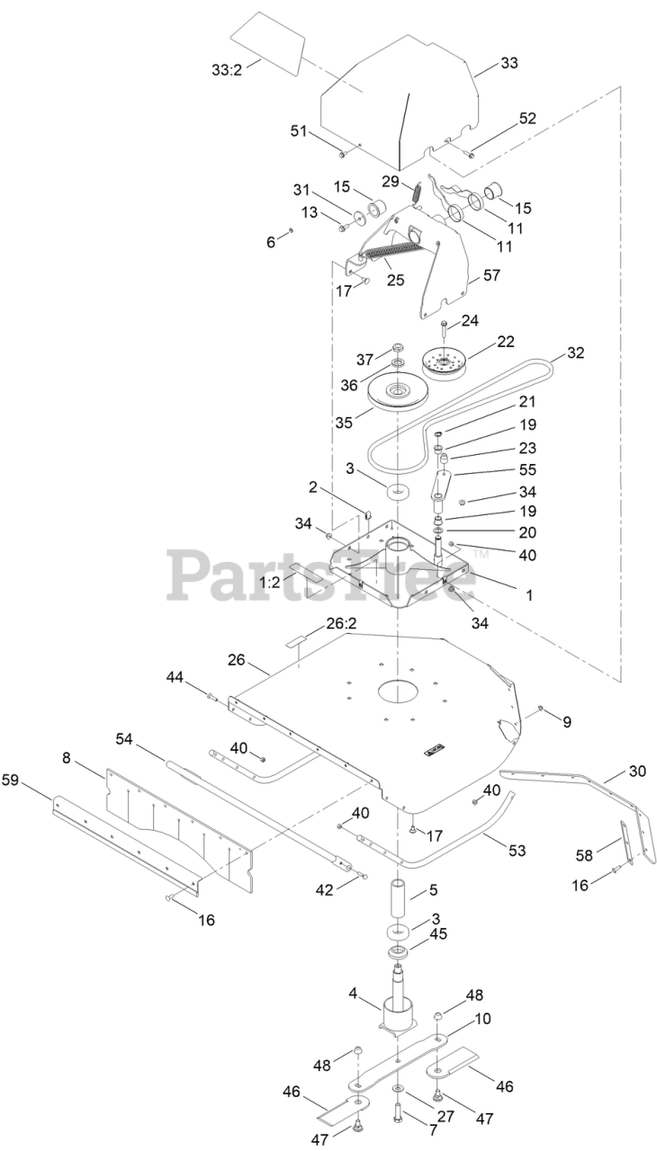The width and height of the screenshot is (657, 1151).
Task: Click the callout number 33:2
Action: pos(225,69)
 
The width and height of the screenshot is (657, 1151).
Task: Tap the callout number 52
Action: pos(527,119)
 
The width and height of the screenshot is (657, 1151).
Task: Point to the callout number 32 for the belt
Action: pos(576,352)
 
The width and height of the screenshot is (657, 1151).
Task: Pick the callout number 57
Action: pos(491,274)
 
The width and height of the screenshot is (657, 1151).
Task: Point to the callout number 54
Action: pos(125,739)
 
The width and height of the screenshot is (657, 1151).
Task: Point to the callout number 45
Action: pos(437,933)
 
